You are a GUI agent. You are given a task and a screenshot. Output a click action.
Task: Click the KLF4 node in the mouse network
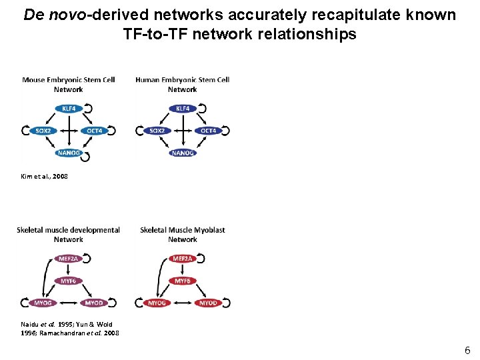pyautogui.click(x=69, y=108)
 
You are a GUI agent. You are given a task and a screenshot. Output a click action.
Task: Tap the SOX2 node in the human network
pyautogui.click(x=157, y=131)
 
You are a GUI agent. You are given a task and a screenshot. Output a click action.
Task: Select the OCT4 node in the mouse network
pyautogui.click(x=95, y=131)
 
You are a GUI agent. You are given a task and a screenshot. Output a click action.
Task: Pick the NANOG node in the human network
pyautogui.click(x=183, y=153)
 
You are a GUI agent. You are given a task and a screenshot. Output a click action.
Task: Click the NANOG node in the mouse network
pyautogui.click(x=69, y=153)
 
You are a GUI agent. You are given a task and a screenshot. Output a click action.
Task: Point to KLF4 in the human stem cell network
pyautogui.click(x=183, y=108)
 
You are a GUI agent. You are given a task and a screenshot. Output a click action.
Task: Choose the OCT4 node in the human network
pyautogui.click(x=209, y=131)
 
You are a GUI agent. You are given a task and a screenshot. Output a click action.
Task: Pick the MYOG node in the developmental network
pyautogui.click(x=42, y=303)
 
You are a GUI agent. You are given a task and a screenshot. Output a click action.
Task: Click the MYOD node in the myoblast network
pyautogui.click(x=208, y=303)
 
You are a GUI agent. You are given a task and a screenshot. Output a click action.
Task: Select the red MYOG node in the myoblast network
pyautogui.click(x=157, y=303)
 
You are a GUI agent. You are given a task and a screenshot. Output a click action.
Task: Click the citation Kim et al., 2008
pyautogui.click(x=45, y=177)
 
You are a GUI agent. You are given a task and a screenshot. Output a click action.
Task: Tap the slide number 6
pyautogui.click(x=467, y=350)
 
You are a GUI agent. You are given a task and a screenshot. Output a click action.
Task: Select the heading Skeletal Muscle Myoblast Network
pyautogui.click(x=183, y=235)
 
